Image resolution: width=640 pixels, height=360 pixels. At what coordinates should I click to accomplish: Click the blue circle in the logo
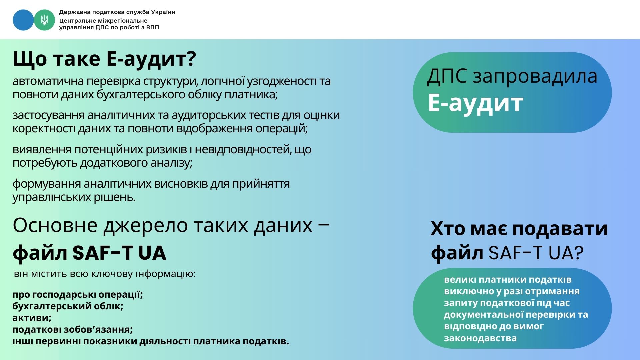click(23, 20)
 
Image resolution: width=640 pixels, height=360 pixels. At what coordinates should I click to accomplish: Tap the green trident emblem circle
click(44, 20)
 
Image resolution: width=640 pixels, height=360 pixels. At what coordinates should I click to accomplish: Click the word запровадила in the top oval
click(535, 77)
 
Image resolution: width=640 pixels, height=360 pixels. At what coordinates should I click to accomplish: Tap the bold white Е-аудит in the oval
click(475, 102)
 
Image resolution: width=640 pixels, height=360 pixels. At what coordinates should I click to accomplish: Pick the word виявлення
click(42, 149)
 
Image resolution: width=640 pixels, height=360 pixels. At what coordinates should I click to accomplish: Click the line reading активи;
click(32, 318)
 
